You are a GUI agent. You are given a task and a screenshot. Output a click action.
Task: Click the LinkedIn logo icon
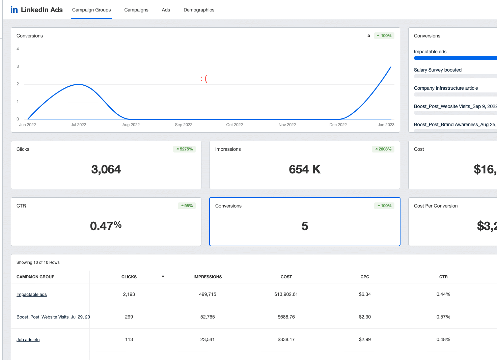coord(14,10)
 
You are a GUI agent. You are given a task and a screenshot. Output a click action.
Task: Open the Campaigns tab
coord(136,10)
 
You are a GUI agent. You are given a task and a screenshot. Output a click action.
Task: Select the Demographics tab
coord(199,10)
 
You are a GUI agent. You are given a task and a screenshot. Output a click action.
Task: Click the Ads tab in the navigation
coord(166,10)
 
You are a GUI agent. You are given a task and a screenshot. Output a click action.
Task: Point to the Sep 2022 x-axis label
coord(184,125)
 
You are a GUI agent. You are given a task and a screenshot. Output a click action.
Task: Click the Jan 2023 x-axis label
coord(386,125)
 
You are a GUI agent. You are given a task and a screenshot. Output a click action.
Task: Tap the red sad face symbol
coord(203,79)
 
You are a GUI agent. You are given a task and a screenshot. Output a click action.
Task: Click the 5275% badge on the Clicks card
coord(185,149)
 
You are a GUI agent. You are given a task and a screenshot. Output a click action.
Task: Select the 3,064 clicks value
coord(106,169)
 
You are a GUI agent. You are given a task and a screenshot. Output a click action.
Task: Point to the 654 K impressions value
coord(305,169)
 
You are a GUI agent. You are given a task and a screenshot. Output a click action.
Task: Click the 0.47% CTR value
coord(106,226)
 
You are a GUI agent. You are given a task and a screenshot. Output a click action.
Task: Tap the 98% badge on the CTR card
coord(187,206)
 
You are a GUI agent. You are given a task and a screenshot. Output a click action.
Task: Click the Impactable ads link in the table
coord(32,295)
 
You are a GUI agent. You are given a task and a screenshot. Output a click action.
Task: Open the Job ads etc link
coord(28,340)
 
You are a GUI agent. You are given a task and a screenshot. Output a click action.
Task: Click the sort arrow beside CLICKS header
coord(163,277)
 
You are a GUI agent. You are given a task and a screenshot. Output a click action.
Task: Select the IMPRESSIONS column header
coord(208,277)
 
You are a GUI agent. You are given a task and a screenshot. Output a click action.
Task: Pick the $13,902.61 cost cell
coord(286,295)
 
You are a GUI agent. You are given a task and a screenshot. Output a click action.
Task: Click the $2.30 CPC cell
coord(365,317)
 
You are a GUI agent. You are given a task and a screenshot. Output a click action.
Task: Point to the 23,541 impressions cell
coord(208,340)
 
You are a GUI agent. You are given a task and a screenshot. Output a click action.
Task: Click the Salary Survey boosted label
coord(438,70)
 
